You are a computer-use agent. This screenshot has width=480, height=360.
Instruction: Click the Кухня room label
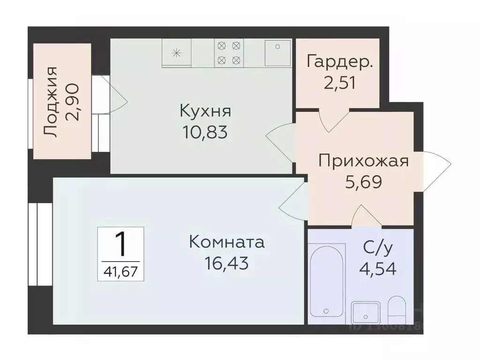pos(205,112)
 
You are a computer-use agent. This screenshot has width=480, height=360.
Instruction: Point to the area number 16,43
pos(226,263)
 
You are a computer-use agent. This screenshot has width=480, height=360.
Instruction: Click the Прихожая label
pos(364,161)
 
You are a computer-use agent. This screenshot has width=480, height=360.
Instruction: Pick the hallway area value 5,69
pos(364,181)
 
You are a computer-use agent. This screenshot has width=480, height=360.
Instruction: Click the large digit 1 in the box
pos(120,243)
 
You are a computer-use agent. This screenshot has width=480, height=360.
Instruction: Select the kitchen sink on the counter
pos(277,52)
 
